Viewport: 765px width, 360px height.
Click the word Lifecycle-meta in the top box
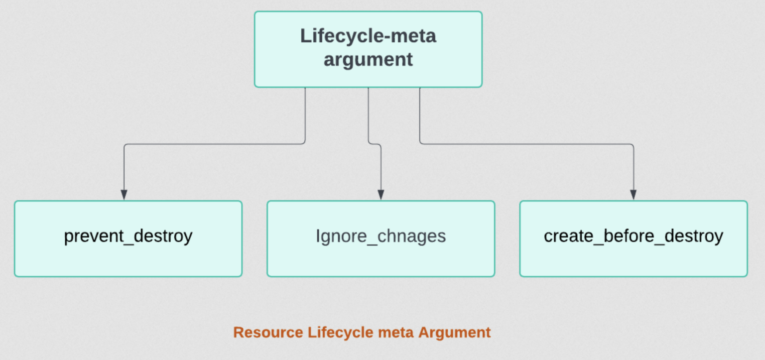368,36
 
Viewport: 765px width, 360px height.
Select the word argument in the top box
368,60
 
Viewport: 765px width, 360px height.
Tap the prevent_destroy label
128,237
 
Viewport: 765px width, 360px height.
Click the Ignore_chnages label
381,237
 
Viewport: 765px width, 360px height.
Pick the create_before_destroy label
634,237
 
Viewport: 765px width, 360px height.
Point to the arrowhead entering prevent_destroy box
124,195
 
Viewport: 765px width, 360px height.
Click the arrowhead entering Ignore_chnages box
381,195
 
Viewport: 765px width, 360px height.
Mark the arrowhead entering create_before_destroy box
633,195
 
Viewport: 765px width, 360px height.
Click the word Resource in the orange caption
268,332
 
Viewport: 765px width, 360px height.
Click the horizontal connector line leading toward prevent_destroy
215,144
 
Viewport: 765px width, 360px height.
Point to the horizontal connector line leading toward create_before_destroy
526,144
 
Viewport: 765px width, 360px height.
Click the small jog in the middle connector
375,144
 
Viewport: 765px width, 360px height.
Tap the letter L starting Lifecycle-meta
305,36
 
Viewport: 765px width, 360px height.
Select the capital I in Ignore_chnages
318,236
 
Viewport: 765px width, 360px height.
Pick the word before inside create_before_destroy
629,236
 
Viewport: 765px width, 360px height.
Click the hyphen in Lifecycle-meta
386,38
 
